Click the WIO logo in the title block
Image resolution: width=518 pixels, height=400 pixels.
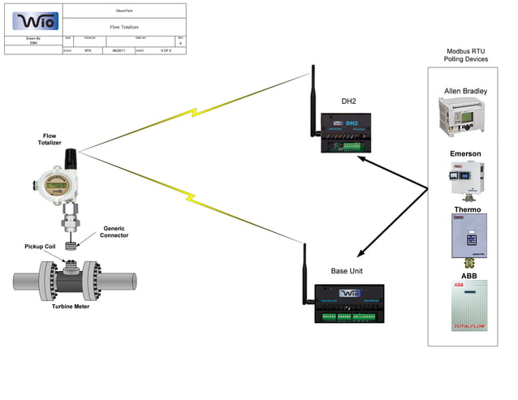coord(32,19)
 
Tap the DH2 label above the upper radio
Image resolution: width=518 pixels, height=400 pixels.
coord(350,101)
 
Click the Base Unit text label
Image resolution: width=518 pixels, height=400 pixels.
coord(347,270)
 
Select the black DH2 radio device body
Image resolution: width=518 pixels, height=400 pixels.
coord(352,132)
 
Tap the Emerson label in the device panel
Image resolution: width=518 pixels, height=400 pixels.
coord(465,153)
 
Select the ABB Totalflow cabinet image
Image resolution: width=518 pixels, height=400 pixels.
coord(468,305)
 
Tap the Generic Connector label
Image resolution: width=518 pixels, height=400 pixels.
coord(114,232)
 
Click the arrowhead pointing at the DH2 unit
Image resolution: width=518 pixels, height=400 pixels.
coord(362,158)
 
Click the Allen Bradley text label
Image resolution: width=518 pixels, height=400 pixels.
coord(466,90)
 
